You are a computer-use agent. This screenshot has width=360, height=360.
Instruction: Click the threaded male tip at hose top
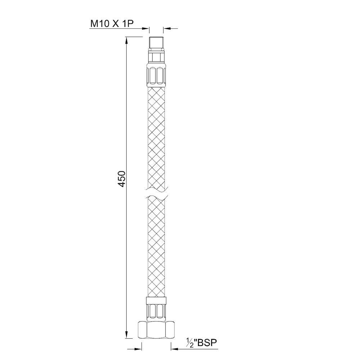157,43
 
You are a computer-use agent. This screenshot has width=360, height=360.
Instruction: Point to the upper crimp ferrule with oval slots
157,75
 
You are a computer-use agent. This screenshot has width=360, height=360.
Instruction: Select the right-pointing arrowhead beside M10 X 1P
146,28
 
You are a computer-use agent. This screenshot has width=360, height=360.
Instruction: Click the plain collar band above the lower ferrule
157,300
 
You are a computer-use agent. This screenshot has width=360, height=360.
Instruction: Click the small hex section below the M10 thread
157,57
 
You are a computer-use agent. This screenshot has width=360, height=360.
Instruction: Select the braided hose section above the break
157,137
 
